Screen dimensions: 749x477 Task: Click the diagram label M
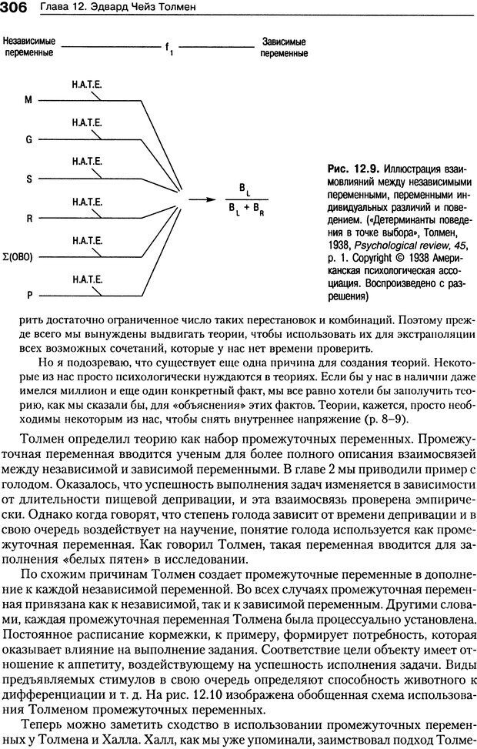[x=29, y=100]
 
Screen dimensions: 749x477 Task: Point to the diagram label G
[x=29, y=139]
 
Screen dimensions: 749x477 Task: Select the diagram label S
[x=29, y=179]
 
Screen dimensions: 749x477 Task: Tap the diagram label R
[x=29, y=218]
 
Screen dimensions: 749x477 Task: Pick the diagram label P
[x=29, y=296]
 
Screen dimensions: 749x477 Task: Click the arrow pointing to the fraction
[x=202, y=199]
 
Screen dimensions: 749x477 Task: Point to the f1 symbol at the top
[x=168, y=48]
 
